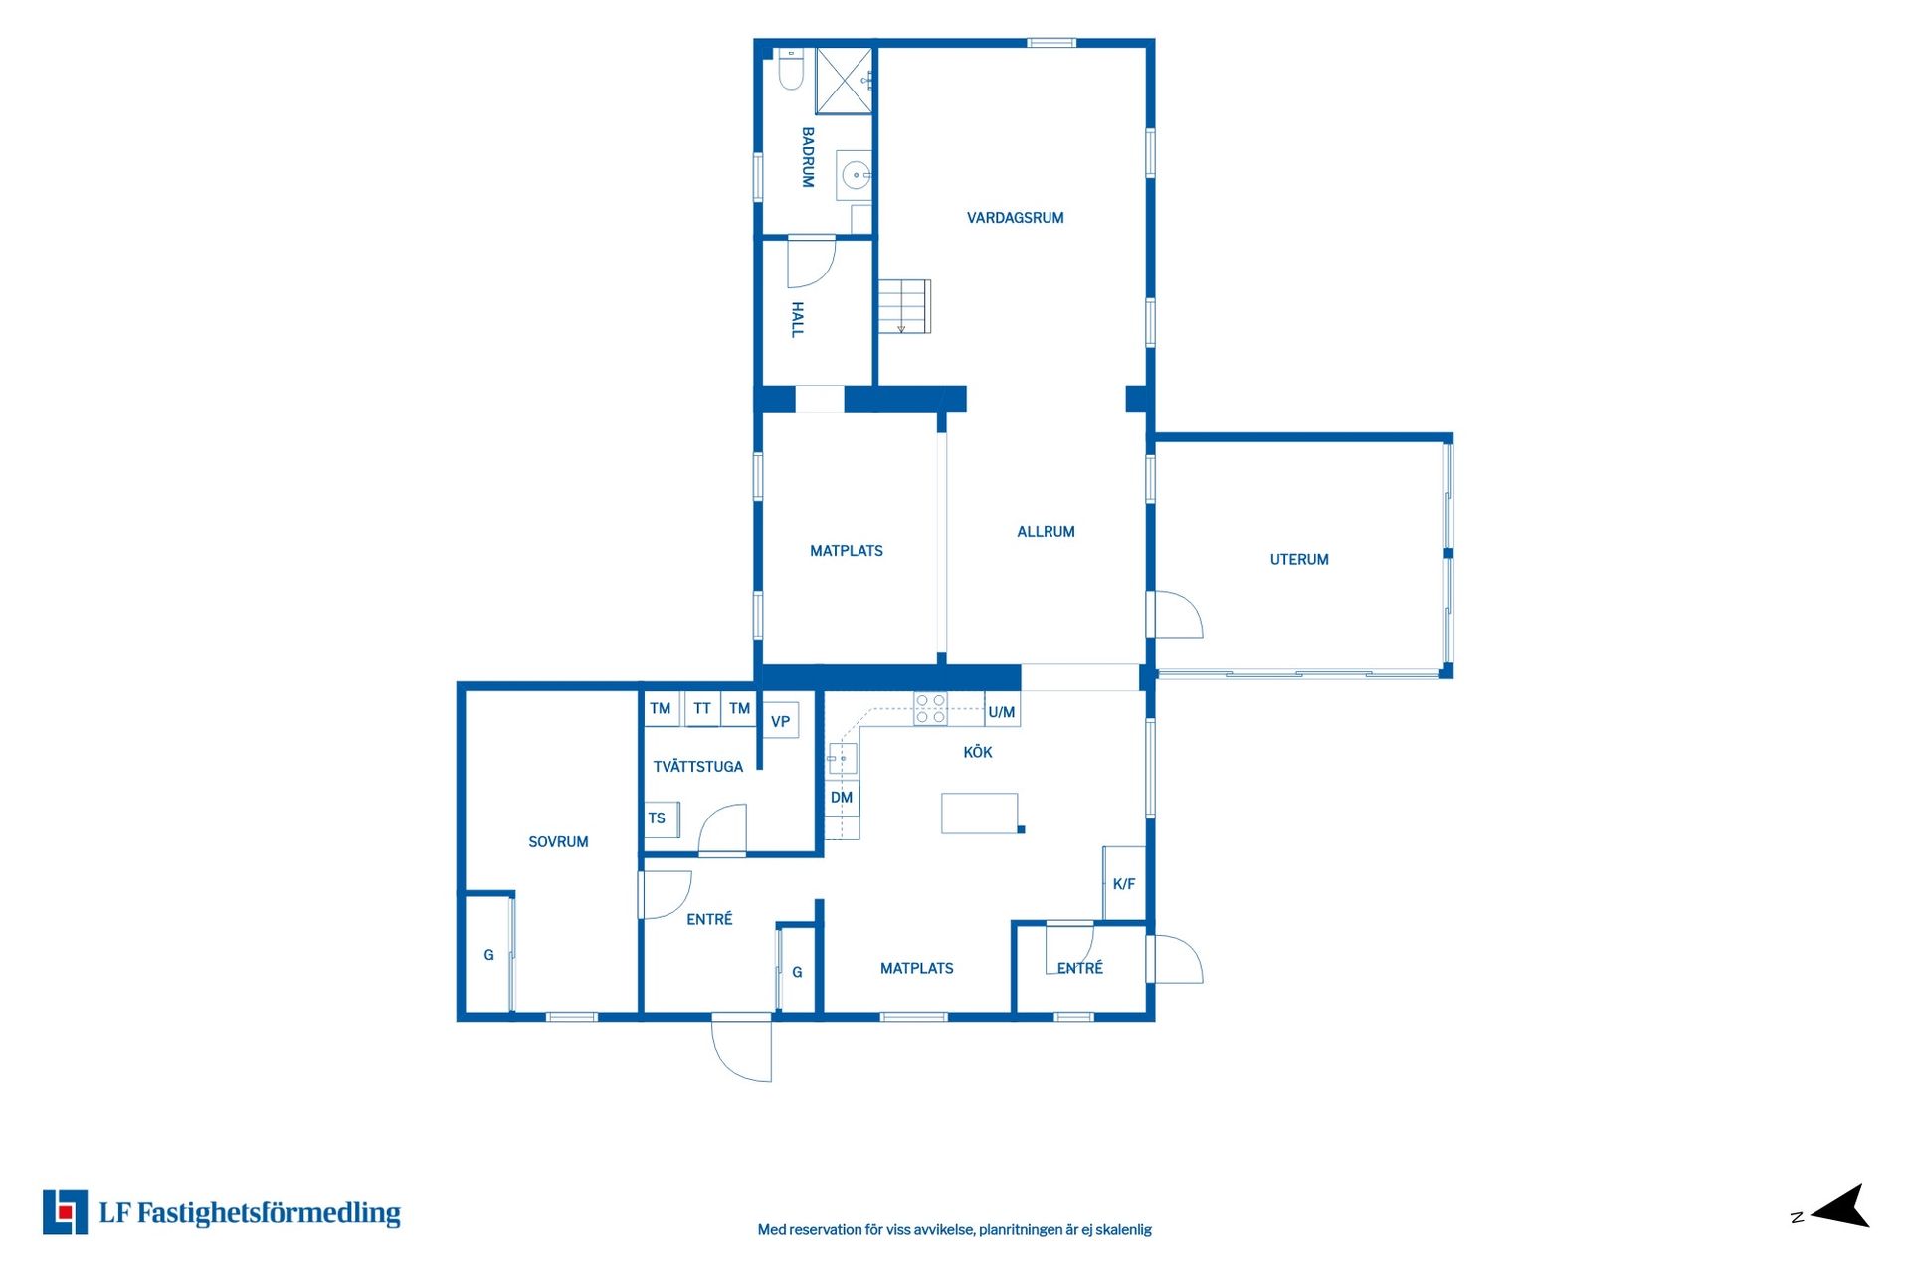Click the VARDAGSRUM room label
click(1015, 218)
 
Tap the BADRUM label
click(808, 157)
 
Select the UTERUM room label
click(1299, 560)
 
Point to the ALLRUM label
click(1046, 532)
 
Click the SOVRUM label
click(558, 842)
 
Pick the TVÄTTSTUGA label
click(698, 767)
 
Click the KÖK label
click(978, 752)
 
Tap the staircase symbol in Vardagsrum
click(904, 306)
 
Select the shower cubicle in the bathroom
click(844, 81)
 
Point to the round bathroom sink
click(855, 176)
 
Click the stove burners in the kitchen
click(931, 708)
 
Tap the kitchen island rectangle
click(980, 814)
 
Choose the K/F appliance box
click(1124, 883)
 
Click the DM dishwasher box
click(842, 798)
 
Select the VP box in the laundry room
click(781, 721)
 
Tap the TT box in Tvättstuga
click(702, 708)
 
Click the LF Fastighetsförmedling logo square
click(65, 1212)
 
